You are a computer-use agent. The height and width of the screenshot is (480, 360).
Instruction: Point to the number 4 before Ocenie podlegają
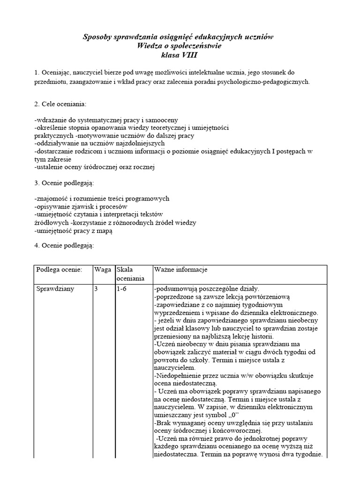click(x=37, y=246)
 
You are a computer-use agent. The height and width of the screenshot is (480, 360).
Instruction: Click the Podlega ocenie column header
click(x=59, y=270)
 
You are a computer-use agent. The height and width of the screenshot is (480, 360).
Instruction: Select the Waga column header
click(x=103, y=270)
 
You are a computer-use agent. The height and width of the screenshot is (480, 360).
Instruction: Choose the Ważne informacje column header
click(x=180, y=270)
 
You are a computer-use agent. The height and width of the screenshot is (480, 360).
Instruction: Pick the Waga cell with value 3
click(x=96, y=289)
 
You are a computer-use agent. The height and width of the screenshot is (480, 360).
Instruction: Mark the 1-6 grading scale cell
click(x=121, y=289)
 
